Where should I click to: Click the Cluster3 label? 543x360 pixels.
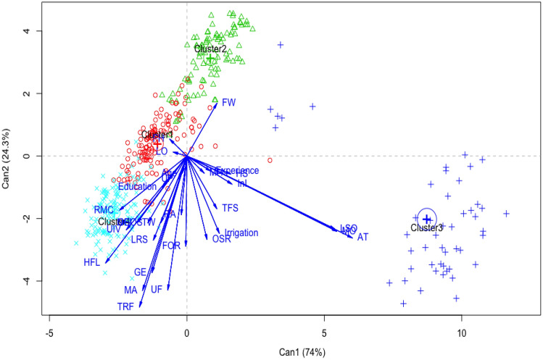click(x=426, y=228)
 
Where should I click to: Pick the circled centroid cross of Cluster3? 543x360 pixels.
click(x=427, y=219)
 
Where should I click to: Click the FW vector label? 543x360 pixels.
click(x=228, y=102)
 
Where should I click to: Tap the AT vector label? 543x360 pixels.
click(x=363, y=237)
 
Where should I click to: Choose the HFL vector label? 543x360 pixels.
click(x=92, y=262)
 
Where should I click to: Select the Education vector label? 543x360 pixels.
click(x=138, y=187)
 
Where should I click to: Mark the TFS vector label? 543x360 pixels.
click(x=230, y=208)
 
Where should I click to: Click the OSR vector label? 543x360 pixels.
click(x=221, y=239)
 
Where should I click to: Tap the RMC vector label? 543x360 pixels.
click(x=104, y=210)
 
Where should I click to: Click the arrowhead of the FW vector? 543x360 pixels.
click(x=216, y=104)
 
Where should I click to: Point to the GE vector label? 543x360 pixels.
click(x=141, y=272)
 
